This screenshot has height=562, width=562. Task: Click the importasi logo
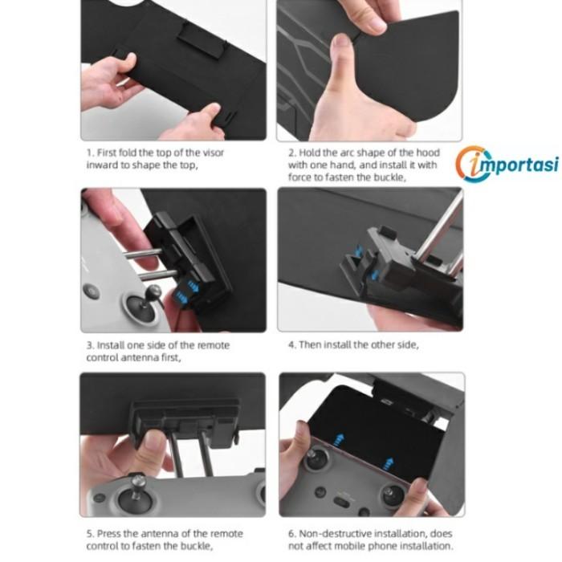tap(507, 164)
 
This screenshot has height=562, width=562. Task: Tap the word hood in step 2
tap(428, 153)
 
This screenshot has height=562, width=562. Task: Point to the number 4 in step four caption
tap(291, 344)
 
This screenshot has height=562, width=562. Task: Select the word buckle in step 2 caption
tap(389, 177)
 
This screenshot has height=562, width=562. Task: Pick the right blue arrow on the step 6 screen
tap(388, 463)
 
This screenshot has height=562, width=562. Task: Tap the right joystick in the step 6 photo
tap(393, 495)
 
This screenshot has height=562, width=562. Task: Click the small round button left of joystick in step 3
tap(91, 291)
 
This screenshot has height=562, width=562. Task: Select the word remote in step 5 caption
tap(226, 534)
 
